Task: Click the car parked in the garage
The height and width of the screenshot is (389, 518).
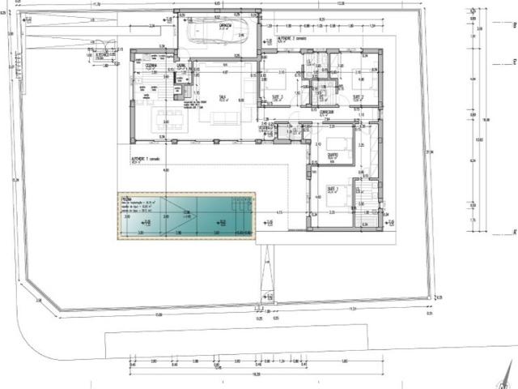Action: coord(208,33)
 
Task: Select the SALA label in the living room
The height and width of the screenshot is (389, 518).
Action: coord(222,96)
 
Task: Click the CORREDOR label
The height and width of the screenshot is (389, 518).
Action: coord(327,112)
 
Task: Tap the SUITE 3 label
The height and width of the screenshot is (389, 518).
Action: coord(333,188)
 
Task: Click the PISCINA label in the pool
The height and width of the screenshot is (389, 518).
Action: coord(128,197)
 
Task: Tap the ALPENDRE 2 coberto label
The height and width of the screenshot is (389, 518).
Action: coord(290,38)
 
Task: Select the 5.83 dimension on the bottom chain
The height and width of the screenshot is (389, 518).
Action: coord(344,361)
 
